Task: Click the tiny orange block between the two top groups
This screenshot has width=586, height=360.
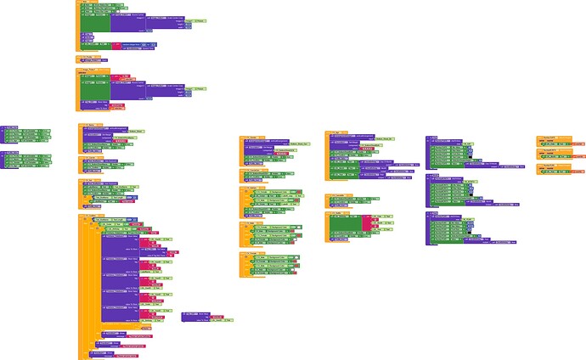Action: point(88,59)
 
